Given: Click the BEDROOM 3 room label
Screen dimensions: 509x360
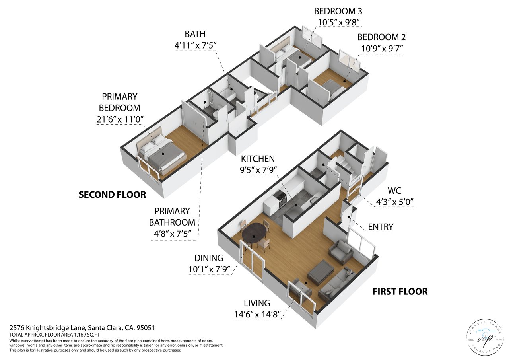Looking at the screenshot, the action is coord(338,11).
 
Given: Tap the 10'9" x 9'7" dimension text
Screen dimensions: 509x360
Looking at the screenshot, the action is coord(382,49).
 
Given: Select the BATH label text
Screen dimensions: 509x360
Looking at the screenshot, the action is coord(195,34).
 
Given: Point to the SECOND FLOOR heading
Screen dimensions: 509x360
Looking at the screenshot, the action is coord(112,195).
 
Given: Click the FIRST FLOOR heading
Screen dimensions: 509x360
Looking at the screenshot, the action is coord(400,291).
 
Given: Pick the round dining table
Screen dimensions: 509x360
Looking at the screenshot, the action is coord(254,233).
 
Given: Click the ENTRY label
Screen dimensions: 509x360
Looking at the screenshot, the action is coord(381,227).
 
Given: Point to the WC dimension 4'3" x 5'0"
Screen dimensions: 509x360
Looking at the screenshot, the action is coord(394,202).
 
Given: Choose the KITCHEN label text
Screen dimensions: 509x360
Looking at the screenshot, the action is coord(258,159).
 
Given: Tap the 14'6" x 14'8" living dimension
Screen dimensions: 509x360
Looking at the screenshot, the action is coord(257,314).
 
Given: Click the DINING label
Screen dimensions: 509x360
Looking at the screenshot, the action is coord(209,258).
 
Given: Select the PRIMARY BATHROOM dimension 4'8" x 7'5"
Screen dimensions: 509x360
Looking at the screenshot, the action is coord(172,234).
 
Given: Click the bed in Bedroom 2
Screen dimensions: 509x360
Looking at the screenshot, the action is coord(334,90).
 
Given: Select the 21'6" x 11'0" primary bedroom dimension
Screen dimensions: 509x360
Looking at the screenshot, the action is coord(120,119).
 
